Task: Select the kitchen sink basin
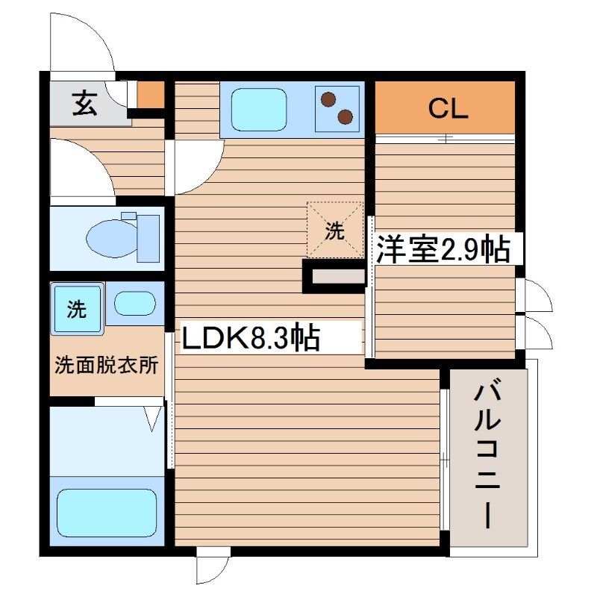pos(258,109)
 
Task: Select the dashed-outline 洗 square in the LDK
pos(334,230)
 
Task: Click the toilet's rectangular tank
pos(149,237)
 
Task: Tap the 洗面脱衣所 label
pos(106,366)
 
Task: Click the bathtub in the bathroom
pos(106,513)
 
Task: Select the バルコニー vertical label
pos(490,454)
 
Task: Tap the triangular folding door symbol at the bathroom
pos(154,419)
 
